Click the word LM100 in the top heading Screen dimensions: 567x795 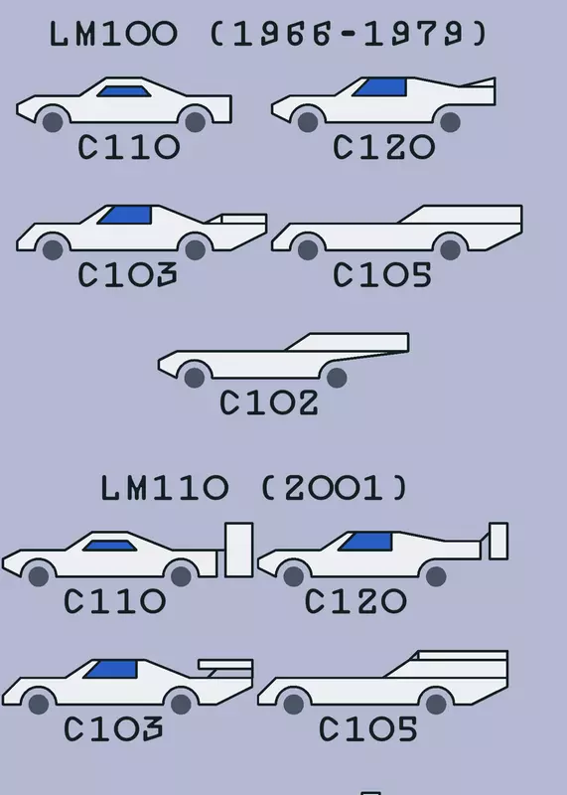click(113, 34)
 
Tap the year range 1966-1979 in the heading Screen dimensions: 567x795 click(349, 34)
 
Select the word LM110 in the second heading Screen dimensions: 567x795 click(165, 488)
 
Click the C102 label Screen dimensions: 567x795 click(269, 403)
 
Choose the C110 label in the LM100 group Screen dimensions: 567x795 click(129, 147)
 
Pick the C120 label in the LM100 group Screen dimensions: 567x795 click(383, 147)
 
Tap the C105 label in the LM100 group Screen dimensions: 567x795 click(382, 275)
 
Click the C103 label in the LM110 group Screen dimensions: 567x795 click(113, 729)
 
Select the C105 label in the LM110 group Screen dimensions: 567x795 click(368, 729)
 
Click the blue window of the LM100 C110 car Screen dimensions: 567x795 click(124, 91)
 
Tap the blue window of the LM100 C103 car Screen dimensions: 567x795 click(125, 215)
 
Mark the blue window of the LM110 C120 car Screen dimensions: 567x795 click(365, 542)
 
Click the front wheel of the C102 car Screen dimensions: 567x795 click(195, 378)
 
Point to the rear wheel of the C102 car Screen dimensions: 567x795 click(337, 378)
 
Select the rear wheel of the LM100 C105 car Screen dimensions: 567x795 click(450, 249)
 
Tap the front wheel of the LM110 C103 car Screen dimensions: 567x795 click(39, 704)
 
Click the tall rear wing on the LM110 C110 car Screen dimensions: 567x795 click(238, 551)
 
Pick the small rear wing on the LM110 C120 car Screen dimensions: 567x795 click(498, 541)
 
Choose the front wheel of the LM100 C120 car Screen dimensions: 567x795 click(308, 122)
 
